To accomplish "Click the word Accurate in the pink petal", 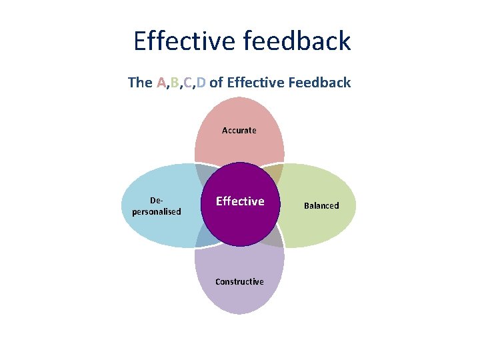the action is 239,131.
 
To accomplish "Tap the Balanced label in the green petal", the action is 321,206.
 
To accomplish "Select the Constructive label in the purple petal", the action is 239,282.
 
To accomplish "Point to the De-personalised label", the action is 157,206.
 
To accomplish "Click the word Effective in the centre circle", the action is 240,201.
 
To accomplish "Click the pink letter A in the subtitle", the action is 161,83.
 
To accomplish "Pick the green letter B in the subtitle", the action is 175,83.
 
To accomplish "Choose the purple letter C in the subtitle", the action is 188,83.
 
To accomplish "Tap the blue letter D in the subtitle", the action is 201,83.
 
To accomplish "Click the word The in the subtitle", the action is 140,83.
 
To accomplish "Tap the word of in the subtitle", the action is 216,83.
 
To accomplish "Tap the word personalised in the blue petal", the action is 157,212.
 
